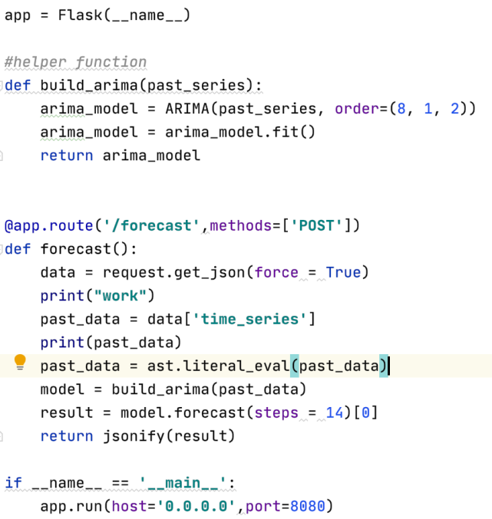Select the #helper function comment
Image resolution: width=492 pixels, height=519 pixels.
point(75,62)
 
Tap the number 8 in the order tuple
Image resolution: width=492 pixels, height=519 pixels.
point(400,108)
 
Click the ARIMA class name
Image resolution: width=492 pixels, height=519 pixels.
point(187,108)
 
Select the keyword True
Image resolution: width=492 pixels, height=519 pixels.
point(343,272)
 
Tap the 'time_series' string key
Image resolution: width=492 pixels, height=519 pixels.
point(249,319)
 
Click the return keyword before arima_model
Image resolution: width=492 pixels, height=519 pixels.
point(67,156)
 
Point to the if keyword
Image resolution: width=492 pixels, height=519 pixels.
point(13,483)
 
